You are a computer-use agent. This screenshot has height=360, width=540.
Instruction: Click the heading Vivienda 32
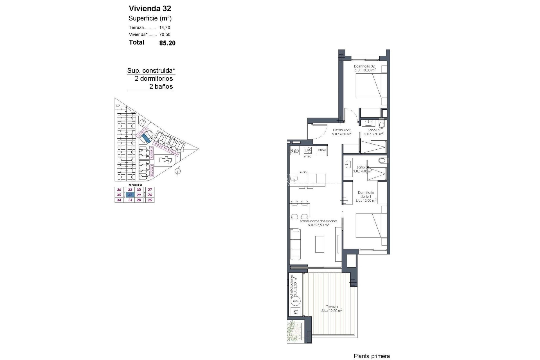(150, 8)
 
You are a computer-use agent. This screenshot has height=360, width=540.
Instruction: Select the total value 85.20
(167, 43)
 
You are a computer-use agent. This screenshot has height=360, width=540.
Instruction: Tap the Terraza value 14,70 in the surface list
(165, 28)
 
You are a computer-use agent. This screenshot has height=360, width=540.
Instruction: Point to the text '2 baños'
(161, 86)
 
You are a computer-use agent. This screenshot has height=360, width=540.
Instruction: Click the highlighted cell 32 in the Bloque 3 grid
(130, 195)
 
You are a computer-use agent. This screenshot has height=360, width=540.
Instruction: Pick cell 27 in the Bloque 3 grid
(150, 190)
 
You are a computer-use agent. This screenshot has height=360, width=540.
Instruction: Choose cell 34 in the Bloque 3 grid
(119, 200)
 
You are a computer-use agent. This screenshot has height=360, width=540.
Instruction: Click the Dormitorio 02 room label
(364, 66)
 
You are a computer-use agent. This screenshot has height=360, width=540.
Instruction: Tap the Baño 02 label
(374, 130)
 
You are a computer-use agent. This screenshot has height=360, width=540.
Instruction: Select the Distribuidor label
(341, 130)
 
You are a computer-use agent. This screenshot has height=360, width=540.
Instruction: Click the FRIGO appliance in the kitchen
(322, 150)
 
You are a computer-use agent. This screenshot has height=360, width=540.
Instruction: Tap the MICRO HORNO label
(295, 151)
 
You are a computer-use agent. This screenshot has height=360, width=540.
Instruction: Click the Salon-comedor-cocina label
(318, 221)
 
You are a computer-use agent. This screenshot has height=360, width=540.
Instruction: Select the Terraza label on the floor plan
(332, 307)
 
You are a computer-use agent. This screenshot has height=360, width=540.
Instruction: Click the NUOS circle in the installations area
(296, 301)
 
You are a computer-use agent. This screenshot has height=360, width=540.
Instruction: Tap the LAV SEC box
(296, 312)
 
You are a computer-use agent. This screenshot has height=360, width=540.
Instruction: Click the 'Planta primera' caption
(372, 356)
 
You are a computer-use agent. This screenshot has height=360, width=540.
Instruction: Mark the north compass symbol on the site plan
(177, 171)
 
